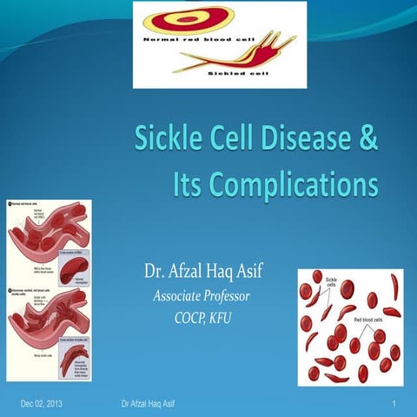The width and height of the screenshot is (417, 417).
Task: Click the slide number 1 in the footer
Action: point(394,404)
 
